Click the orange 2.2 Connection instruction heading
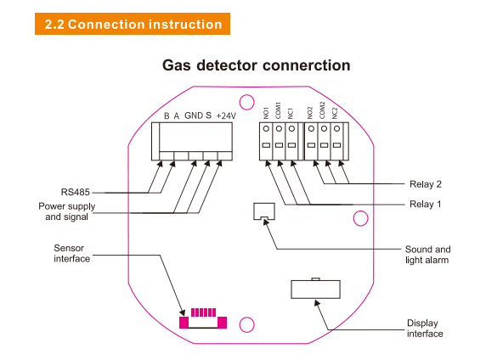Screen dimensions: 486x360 pos(133,24)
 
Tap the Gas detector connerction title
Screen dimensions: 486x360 pos(257,65)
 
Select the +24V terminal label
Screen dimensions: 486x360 pos(226,115)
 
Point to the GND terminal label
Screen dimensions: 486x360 pos(194,115)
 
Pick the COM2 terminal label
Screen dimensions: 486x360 pos(322,110)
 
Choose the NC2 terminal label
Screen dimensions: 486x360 pos(335,113)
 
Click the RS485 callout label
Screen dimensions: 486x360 pos(76,192)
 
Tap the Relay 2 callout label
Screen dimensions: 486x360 pos(426,184)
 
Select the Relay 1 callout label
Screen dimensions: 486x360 pos(425,204)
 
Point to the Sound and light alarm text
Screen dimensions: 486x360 pos(427,255)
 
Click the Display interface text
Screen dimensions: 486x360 pos(425,329)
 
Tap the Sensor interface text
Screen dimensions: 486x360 pos(72,253)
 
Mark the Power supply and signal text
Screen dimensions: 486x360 pos(67,211)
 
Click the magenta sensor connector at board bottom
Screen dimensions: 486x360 pos(203,318)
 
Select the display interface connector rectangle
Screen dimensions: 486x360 pos(315,289)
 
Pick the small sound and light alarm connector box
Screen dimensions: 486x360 pos(264,211)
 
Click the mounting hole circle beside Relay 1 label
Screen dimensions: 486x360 pos(360,218)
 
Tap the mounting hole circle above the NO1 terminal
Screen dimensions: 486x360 pos(247,102)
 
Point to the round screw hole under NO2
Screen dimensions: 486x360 pos(311,128)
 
